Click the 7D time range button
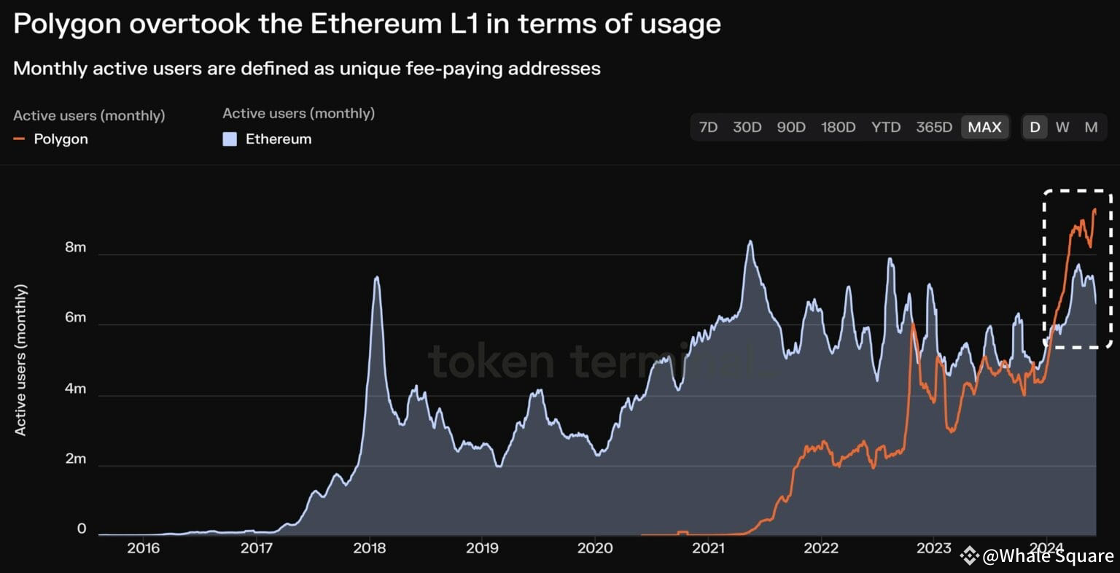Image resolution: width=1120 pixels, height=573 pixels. coord(708,127)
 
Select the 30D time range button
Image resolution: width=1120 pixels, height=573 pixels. coord(747,127)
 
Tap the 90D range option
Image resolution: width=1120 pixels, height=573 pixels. coord(791,127)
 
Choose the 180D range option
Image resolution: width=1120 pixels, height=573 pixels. coord(838,127)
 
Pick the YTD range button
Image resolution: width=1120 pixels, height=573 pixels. coord(886,127)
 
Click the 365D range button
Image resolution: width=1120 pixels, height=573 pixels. coord(934,127)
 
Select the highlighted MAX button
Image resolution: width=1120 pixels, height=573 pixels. coord(984,127)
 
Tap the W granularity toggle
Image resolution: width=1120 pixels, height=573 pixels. coord(1062,127)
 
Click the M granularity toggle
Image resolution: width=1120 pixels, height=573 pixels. coord(1091,127)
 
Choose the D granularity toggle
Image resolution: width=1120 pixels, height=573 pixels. coord(1035,127)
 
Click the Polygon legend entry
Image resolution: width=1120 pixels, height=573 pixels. coord(61,139)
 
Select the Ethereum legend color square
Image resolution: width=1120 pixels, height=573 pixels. coord(230,139)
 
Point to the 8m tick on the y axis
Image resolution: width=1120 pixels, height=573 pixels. coord(75,247)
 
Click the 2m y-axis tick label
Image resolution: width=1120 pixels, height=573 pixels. coord(75,459)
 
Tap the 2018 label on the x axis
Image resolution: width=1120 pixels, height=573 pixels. coord(370,547)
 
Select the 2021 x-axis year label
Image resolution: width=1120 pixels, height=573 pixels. coord(708,547)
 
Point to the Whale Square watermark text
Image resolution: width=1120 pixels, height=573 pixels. coord(1048,556)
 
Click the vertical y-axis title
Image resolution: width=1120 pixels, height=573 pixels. coord(20,360)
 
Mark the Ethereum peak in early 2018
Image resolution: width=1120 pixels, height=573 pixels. coord(376,277)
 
